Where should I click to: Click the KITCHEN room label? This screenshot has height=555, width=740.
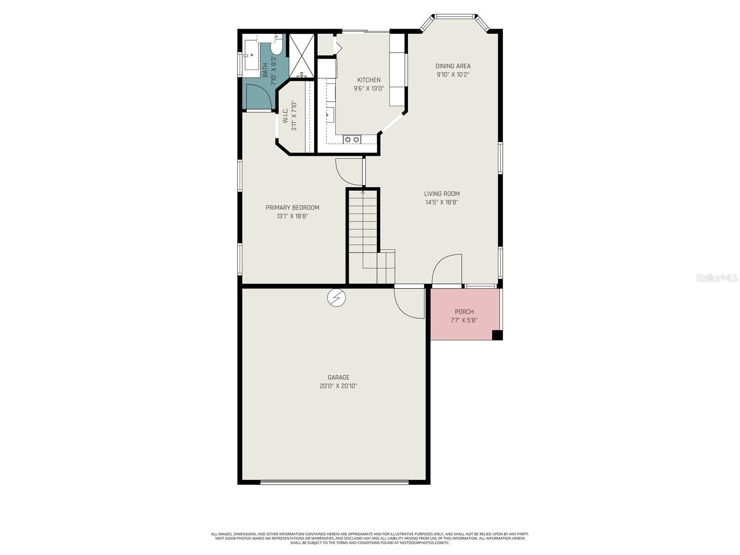pyautogui.click(x=369, y=80)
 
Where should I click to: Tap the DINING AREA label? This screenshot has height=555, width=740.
pyautogui.click(x=453, y=66)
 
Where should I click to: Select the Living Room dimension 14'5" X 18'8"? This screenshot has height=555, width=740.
pyautogui.click(x=442, y=202)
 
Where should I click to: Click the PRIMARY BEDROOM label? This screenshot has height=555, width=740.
pyautogui.click(x=292, y=208)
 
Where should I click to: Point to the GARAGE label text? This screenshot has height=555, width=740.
pyautogui.click(x=339, y=377)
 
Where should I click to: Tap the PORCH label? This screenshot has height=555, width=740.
pyautogui.click(x=464, y=312)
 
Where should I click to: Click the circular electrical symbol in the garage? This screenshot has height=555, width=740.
pyautogui.click(x=336, y=298)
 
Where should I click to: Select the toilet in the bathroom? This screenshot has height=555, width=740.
pyautogui.click(x=277, y=47)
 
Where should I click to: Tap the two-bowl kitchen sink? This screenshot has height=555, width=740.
pyautogui.click(x=351, y=139)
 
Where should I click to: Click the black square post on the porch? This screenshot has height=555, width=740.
pyautogui.click(x=497, y=335)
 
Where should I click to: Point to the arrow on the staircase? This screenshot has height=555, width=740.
pyautogui.click(x=363, y=191)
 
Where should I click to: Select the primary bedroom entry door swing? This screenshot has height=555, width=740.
pyautogui.click(x=348, y=171)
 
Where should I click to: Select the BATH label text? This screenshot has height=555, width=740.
pyautogui.click(x=265, y=70)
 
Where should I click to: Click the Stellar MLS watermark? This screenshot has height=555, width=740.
pyautogui.click(x=717, y=277)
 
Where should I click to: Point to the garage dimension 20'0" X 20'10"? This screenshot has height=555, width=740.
pyautogui.click(x=339, y=386)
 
